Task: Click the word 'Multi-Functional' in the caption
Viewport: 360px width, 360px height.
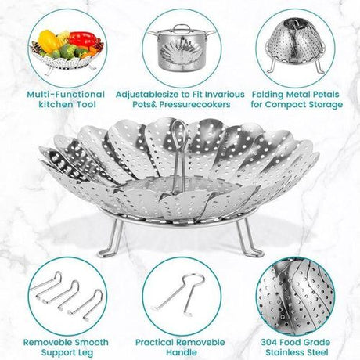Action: tap(66, 95)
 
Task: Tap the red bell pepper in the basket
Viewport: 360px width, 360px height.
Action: tap(82, 38)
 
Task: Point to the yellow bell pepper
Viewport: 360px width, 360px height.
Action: tap(49, 41)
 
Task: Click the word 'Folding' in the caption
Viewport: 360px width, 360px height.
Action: tap(268, 95)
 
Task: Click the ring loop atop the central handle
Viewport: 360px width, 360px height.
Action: tap(178, 128)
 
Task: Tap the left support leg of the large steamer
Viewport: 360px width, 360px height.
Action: tap(111, 240)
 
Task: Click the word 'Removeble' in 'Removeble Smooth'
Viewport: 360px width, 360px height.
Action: tap(48, 342)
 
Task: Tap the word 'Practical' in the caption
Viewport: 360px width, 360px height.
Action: tap(155, 343)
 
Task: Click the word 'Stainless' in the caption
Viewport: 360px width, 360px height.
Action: tap(285, 352)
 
